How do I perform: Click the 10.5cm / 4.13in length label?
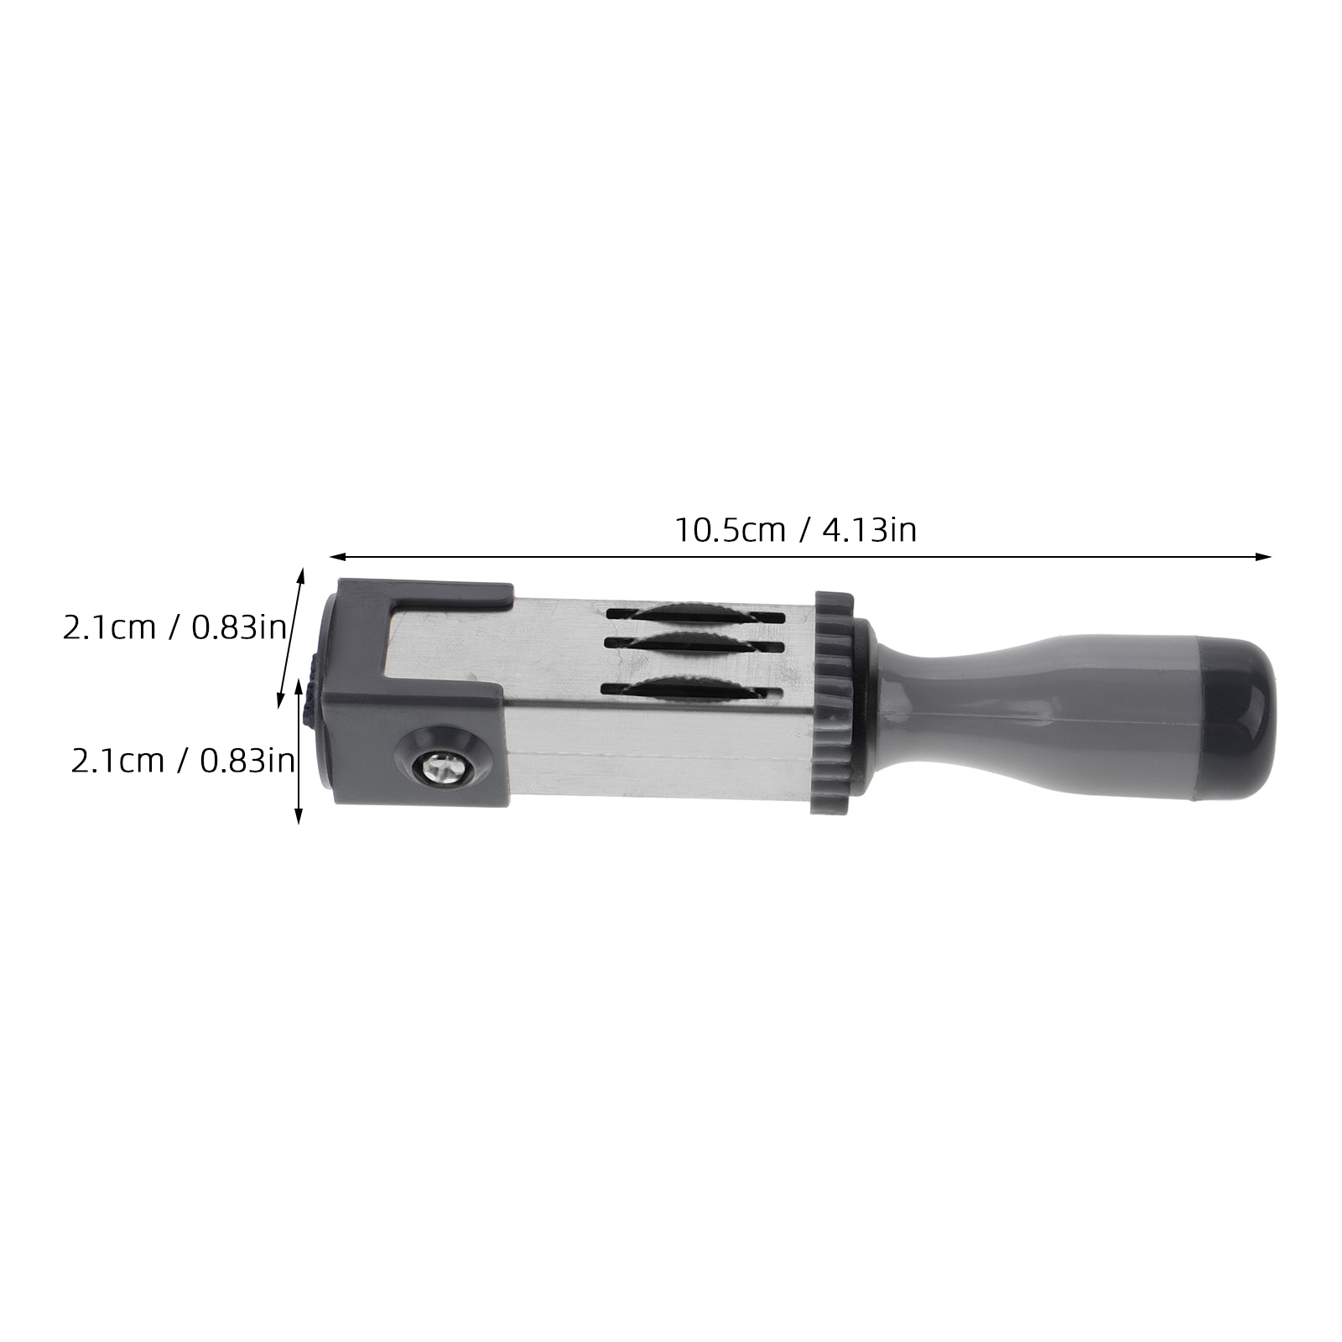click(x=796, y=530)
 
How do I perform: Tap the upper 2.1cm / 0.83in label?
click(x=174, y=627)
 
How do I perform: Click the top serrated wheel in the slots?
click(x=693, y=613)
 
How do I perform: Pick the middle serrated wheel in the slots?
click(x=693, y=643)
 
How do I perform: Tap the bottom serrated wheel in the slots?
click(x=693, y=689)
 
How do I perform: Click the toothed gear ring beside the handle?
click(x=832, y=703)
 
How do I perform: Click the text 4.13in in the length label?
click(x=869, y=530)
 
